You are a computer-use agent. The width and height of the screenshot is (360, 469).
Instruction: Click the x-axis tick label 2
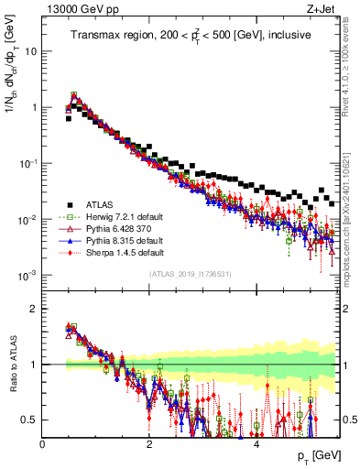click(149, 445)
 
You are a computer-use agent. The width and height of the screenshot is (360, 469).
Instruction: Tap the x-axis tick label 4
click(256, 445)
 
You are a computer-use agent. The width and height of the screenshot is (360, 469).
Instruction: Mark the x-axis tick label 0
click(43, 445)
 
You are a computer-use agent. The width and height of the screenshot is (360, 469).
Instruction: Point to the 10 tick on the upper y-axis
click(30, 51)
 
